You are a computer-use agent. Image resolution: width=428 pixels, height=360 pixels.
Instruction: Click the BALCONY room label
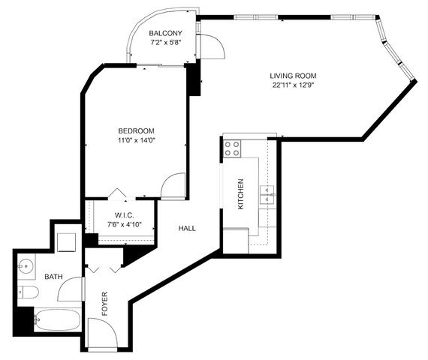[164, 34]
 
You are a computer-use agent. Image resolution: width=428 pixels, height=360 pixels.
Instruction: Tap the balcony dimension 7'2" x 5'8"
[164, 43]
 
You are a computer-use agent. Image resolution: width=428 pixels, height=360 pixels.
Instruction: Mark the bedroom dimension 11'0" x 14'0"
[135, 139]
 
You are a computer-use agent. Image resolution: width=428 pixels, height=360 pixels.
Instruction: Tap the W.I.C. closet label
[124, 214]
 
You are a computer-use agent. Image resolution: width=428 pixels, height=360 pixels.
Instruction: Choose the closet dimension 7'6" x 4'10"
[124, 223]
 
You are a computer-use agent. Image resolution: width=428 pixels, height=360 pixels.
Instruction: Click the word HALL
[187, 228]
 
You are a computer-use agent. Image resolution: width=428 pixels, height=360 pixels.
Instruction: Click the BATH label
[53, 277]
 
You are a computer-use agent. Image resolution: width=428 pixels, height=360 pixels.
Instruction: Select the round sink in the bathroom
[27, 265]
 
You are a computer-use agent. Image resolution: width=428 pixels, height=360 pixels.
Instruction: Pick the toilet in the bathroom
[27, 292]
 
